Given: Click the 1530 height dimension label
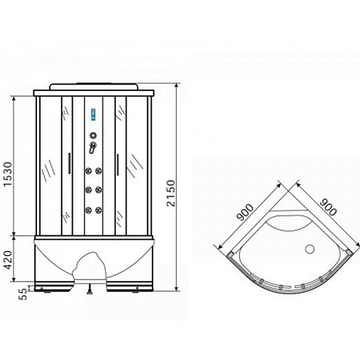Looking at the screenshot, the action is [8, 173].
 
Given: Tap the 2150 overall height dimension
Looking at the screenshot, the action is [171, 193].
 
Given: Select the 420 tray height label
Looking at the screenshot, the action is [8, 260].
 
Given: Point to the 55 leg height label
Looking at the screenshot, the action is [24, 294].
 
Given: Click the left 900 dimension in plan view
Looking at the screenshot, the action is [245, 212].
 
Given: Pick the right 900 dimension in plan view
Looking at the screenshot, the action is [328, 207].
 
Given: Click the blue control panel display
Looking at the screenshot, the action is [94, 115].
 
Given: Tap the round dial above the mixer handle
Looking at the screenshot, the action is [93, 135].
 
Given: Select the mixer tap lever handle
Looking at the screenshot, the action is [92, 147].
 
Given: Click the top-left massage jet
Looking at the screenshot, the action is [88, 171].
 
